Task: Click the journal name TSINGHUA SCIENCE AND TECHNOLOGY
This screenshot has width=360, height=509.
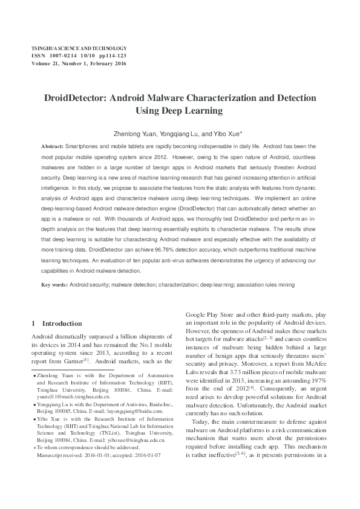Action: point(79,47)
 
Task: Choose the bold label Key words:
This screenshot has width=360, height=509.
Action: point(54,284)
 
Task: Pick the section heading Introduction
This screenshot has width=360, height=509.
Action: point(61,323)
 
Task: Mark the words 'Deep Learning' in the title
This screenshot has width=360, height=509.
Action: point(199,111)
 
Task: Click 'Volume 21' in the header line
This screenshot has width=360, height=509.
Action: point(45,62)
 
